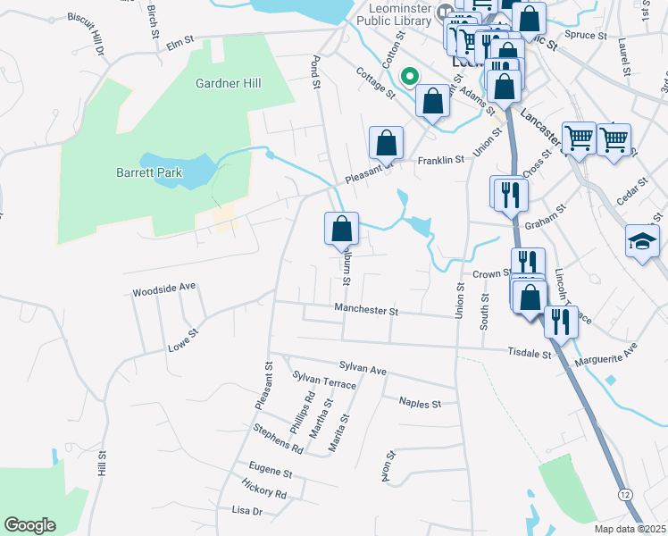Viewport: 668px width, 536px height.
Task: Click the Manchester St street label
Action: (x=366, y=310)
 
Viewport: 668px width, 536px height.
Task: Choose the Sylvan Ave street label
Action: (x=363, y=368)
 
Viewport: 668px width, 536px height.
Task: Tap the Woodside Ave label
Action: (x=163, y=291)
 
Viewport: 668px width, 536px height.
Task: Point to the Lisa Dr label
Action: (x=246, y=511)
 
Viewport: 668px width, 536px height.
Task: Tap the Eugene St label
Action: (x=271, y=471)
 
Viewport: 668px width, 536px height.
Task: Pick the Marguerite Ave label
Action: (x=607, y=354)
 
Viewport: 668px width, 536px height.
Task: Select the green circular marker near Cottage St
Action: (x=411, y=78)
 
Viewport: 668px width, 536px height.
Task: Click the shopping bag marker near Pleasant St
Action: (x=386, y=142)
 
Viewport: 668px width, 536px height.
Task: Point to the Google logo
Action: (x=29, y=525)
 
